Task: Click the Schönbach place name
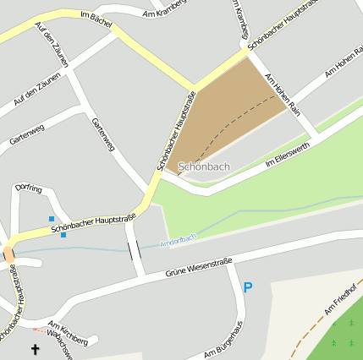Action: coord(204,166)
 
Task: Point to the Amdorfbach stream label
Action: coord(178,241)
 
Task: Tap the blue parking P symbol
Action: coord(248,288)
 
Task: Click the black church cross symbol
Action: coord(36,348)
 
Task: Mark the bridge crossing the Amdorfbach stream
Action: coord(134,250)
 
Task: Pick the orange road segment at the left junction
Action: coord(8,254)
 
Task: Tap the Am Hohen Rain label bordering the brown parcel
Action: coord(283,93)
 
